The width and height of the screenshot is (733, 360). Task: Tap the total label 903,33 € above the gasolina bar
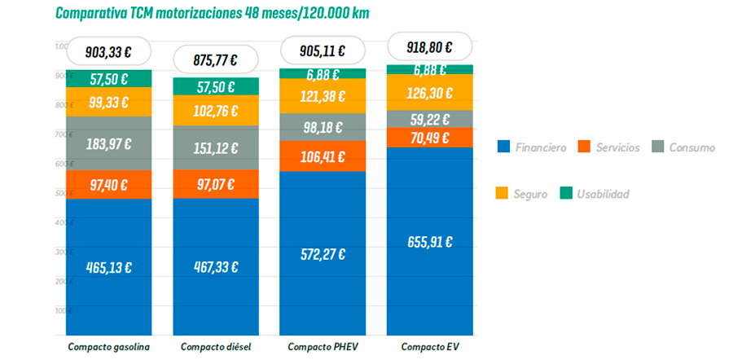(108, 51)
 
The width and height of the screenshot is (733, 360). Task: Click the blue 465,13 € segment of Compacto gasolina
(108, 267)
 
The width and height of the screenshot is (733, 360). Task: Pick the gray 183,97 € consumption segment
(108, 144)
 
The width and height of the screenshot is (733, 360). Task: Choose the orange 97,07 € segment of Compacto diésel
(216, 184)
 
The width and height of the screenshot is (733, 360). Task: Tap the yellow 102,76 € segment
(216, 111)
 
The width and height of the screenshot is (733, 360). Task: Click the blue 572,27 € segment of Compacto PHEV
(323, 253)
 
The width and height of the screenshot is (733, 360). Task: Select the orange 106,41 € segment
(323, 156)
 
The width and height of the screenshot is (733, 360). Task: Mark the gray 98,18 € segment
(323, 127)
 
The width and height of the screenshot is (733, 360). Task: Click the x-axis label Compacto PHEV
(323, 347)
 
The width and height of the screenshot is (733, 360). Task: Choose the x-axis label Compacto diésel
(216, 347)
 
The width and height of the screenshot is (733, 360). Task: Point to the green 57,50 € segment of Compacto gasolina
(108, 79)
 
